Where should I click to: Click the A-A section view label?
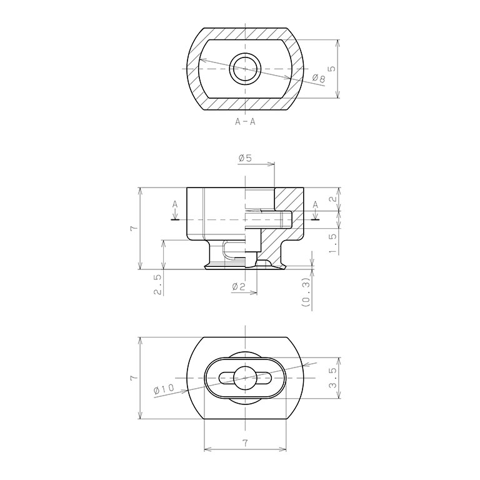(245, 121)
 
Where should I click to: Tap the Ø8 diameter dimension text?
(319, 78)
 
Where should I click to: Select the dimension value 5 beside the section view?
(331, 68)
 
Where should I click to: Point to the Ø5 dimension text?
(245, 158)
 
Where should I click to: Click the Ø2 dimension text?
(239, 286)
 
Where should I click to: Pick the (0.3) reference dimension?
(306, 293)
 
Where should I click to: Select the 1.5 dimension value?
(333, 244)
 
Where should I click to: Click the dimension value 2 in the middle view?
(333, 199)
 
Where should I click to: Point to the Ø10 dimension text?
(164, 389)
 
